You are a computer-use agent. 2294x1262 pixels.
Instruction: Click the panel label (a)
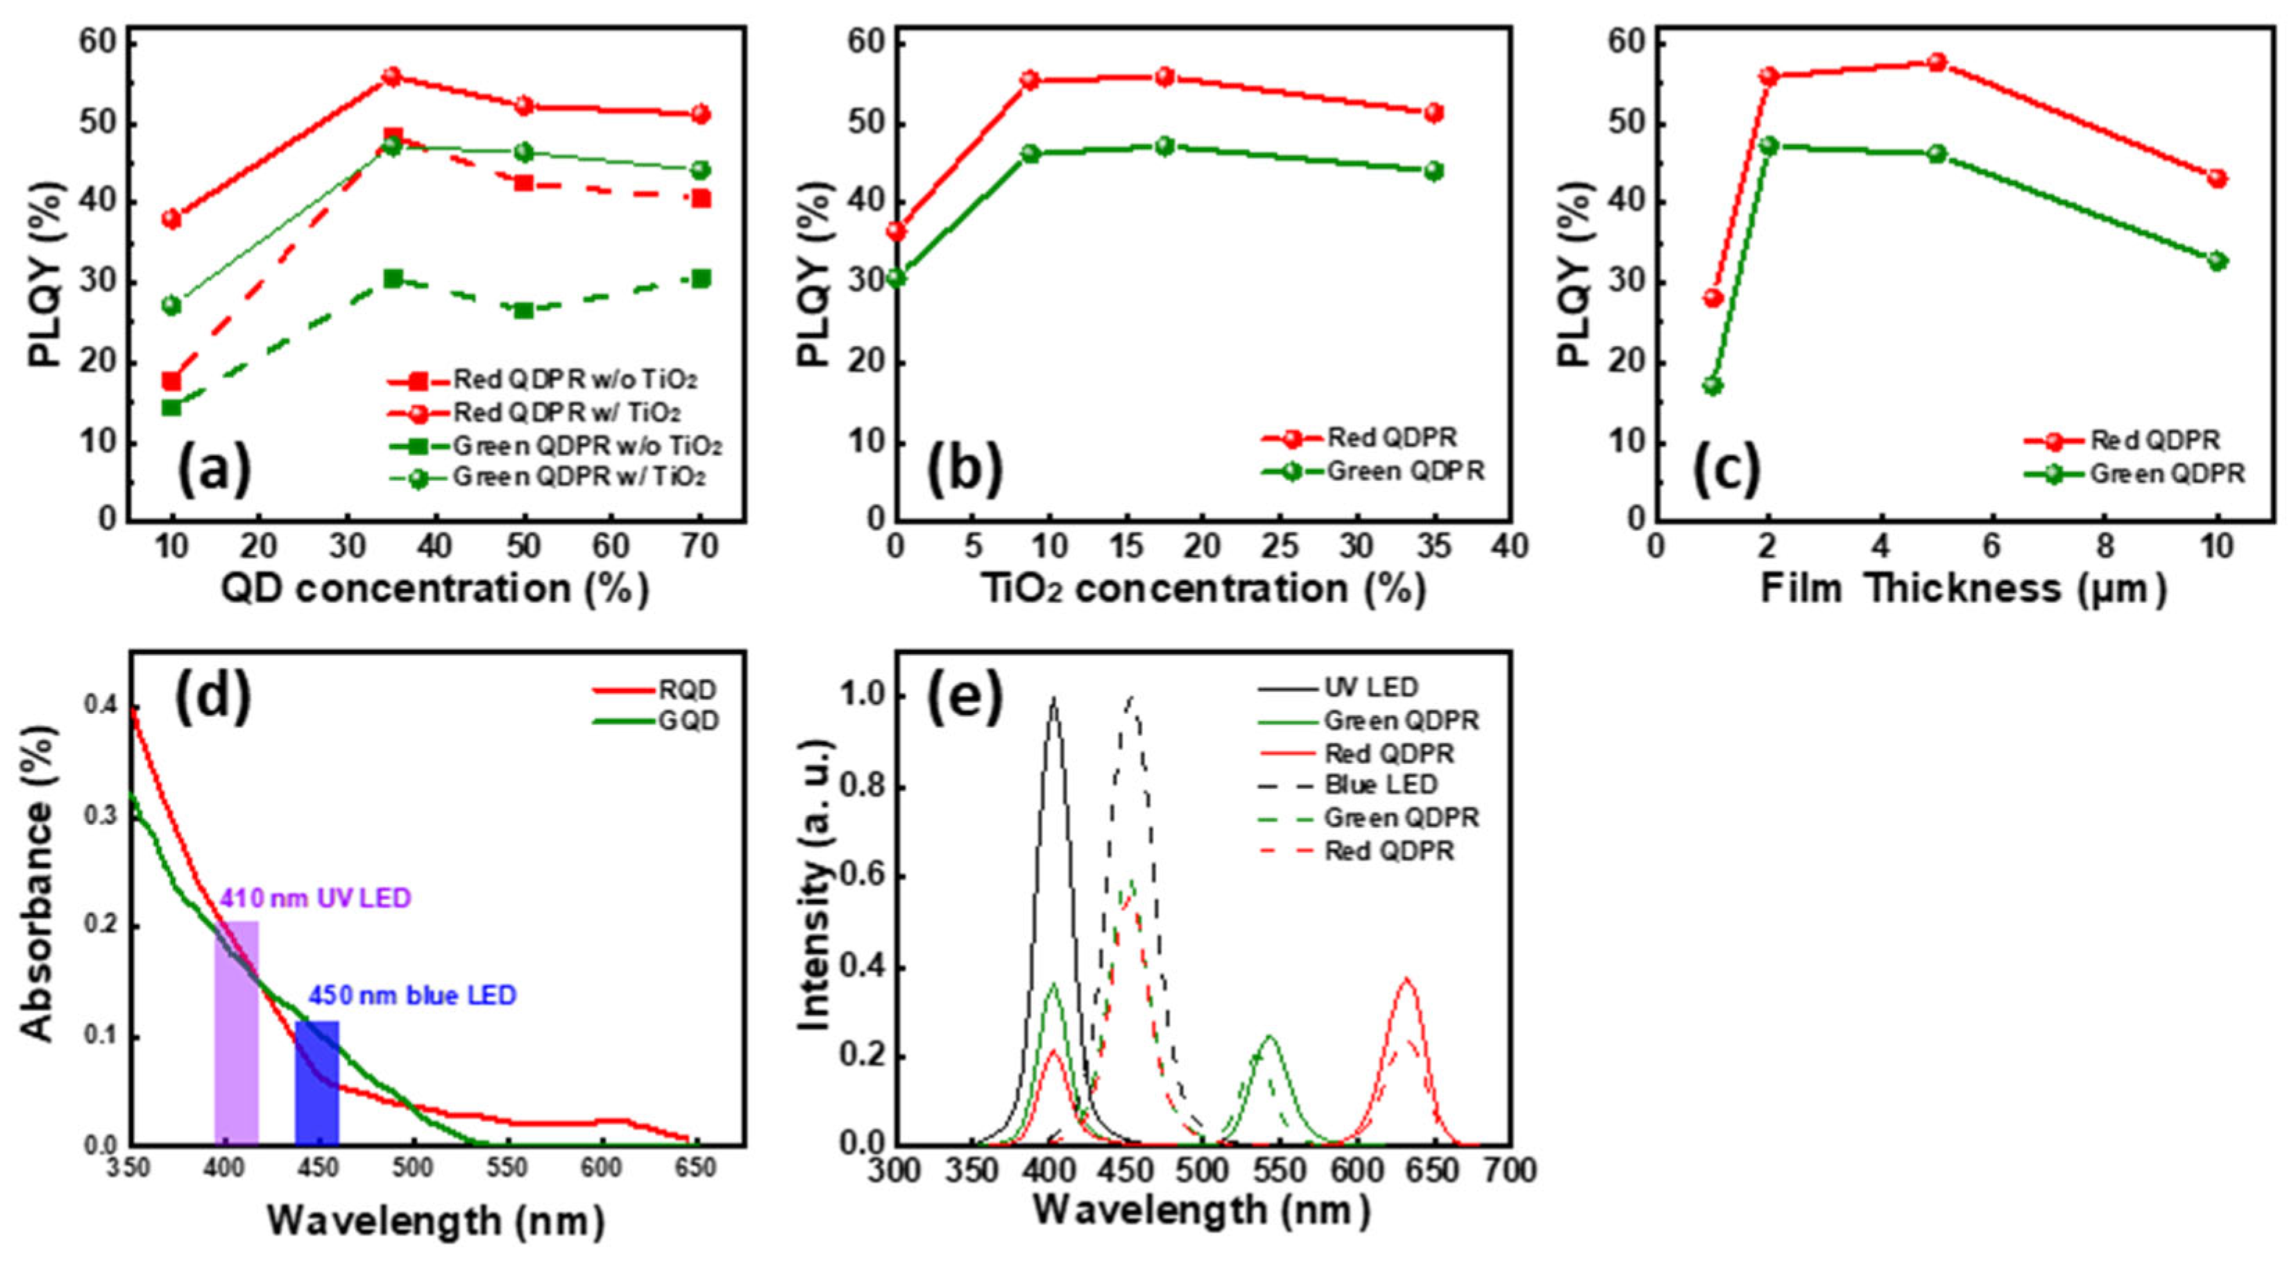(214, 470)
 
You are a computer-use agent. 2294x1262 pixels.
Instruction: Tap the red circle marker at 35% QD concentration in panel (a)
(392, 76)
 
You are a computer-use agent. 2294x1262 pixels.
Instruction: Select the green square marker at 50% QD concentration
(524, 310)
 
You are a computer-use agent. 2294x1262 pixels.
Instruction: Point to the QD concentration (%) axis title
(434, 589)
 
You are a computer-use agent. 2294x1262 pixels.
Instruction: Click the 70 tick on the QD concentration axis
(700, 546)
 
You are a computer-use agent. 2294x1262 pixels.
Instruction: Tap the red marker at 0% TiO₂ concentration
(896, 232)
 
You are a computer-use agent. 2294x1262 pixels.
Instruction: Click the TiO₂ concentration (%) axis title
(1203, 589)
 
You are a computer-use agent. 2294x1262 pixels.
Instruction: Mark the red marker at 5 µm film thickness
(1937, 62)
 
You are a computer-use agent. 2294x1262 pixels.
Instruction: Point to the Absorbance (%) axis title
(37, 882)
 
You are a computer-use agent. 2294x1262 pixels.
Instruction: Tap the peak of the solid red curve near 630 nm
(1406, 980)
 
